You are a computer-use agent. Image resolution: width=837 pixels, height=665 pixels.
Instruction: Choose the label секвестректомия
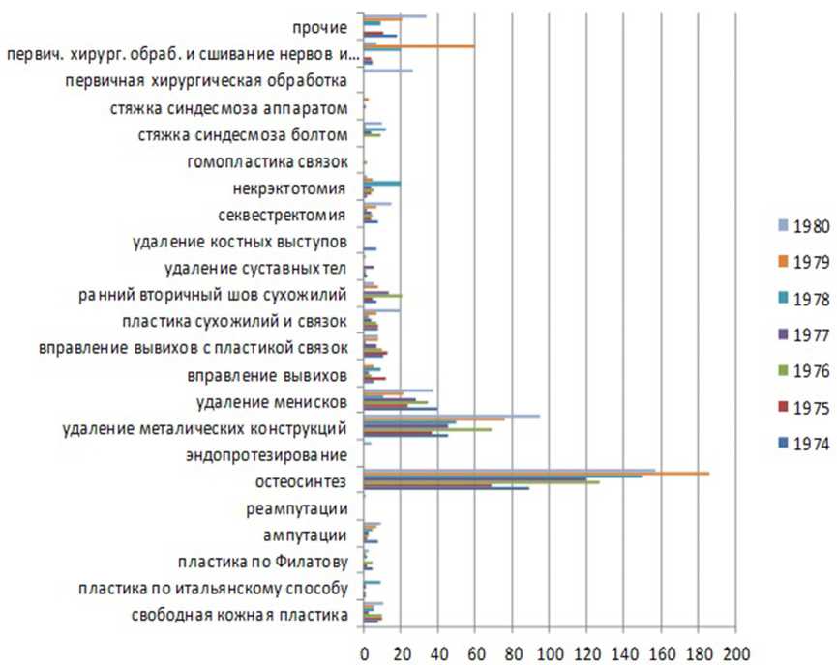point(282,214)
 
